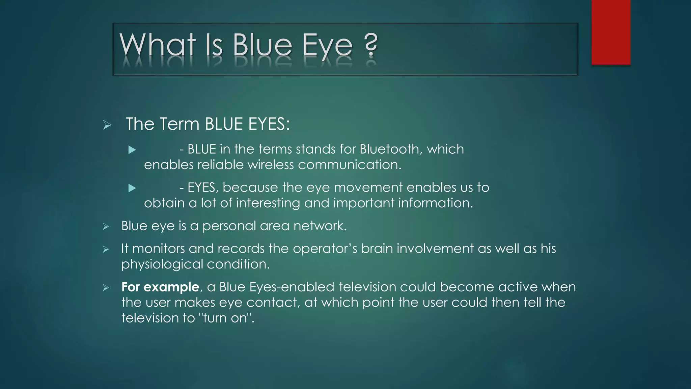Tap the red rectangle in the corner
tap(611, 32)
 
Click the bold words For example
tap(160, 287)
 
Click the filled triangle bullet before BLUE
tap(132, 150)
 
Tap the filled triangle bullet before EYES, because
tap(132, 188)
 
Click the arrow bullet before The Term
tap(107, 125)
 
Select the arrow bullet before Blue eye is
tap(106, 227)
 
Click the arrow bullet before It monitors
tap(106, 250)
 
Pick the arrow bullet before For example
tap(106, 288)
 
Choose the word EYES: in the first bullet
tap(269, 124)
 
